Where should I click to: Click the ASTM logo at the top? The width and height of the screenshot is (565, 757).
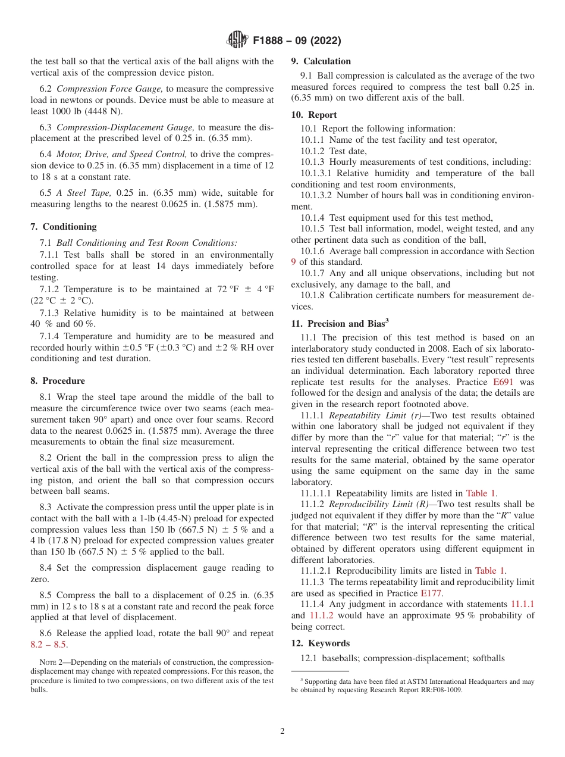pyautogui.click(x=237, y=40)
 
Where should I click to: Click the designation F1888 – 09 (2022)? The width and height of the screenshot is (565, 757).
pyautogui.click(x=296, y=41)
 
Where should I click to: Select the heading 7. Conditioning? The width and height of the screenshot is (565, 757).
pyautogui.click(x=64, y=227)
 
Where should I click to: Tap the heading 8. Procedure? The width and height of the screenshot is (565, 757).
pyautogui.click(x=58, y=381)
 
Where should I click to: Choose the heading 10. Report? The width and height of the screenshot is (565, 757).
pyautogui.click(x=314, y=115)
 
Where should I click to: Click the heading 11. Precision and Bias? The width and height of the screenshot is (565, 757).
pyautogui.click(x=340, y=324)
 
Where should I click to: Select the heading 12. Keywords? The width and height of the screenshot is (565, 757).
pyautogui.click(x=321, y=643)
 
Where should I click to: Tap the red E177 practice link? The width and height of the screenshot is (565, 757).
pyautogui.click(x=432, y=593)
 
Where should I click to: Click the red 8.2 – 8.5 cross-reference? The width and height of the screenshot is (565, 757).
pyautogui.click(x=49, y=645)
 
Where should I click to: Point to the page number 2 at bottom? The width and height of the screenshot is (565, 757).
pyautogui.click(x=282, y=731)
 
